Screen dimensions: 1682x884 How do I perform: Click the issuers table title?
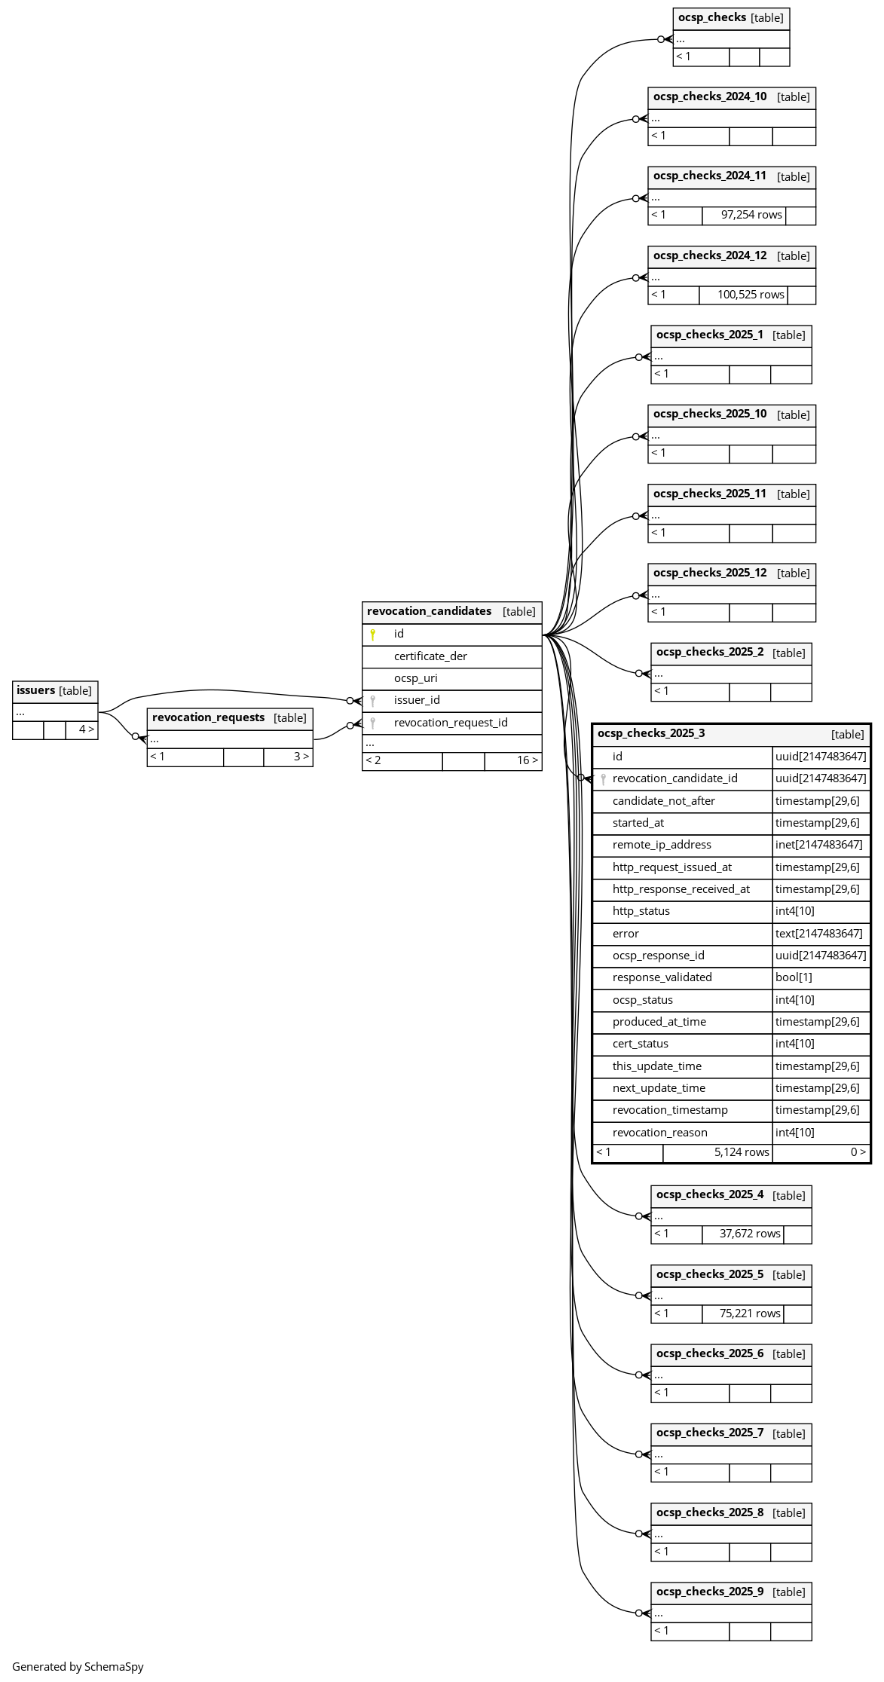pos(36,690)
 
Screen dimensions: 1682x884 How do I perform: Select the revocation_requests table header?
pos(209,717)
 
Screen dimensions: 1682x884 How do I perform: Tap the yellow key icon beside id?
pos(372,635)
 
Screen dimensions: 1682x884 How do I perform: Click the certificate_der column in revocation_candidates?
pos(430,656)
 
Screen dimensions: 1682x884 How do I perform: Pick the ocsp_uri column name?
pos(415,678)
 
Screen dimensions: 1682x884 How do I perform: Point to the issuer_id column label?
pos(417,700)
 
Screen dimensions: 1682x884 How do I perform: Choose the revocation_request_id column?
pos(451,723)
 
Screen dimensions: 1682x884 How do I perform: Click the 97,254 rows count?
pos(751,215)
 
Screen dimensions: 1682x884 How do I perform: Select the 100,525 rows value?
pos(751,295)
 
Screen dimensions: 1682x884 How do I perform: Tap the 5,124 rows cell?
pos(741,1152)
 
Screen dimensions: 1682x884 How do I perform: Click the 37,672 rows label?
pos(749,1234)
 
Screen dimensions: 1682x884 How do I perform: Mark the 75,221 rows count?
pos(749,1313)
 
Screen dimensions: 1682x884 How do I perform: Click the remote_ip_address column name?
pos(662,845)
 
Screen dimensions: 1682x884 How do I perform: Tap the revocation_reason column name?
pos(659,1133)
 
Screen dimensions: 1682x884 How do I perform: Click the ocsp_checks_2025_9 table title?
pos(709,1592)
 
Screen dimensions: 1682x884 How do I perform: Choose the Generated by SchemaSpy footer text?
pos(78,1667)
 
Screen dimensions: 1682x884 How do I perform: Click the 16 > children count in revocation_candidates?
pos(527,760)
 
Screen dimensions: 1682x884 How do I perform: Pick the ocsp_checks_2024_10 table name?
pos(710,96)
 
